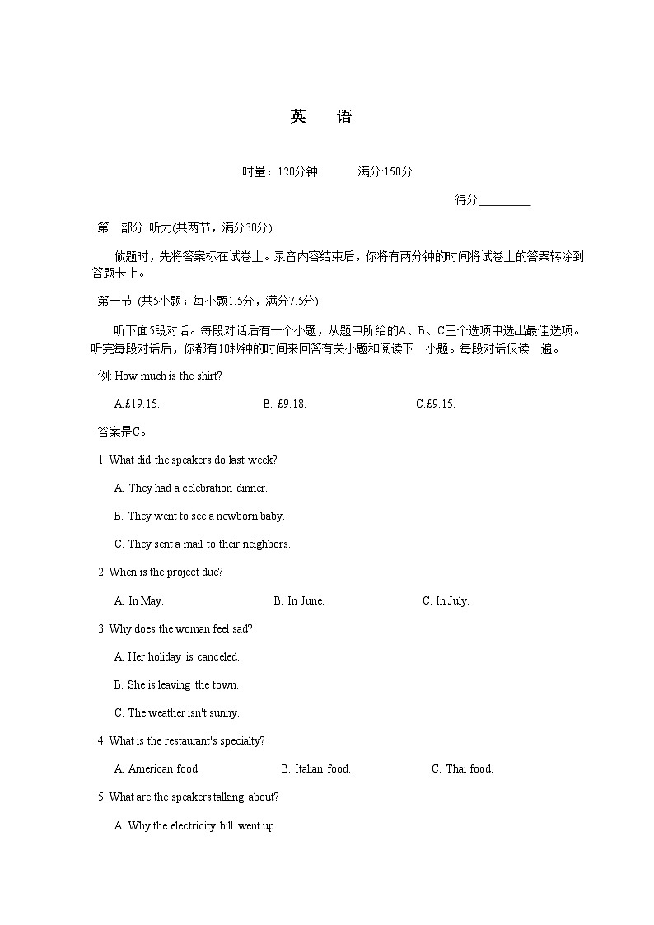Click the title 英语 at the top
coord(321,117)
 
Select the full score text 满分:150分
coord(385,171)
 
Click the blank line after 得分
coord(504,200)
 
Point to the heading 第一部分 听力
coord(185,227)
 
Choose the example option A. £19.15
coord(137,404)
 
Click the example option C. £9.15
coord(436,404)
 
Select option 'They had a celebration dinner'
coord(191,488)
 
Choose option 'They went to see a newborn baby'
coord(199,516)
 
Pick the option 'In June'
coord(299,600)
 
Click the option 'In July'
coord(446,600)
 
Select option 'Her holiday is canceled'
coord(177,656)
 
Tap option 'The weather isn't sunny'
coord(177,712)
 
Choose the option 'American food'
coord(157,768)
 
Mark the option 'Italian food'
coord(316,768)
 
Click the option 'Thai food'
coord(462,768)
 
